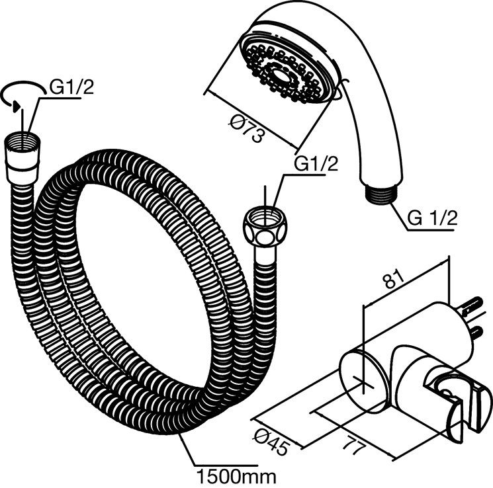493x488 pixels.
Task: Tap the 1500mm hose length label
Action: coord(236,476)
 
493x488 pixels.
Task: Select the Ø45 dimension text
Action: coord(271,442)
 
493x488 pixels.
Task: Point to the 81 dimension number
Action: coord(394,279)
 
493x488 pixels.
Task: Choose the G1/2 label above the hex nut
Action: coord(316,163)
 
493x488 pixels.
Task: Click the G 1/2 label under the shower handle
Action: coord(432,218)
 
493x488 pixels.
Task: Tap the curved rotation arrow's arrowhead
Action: coord(17,107)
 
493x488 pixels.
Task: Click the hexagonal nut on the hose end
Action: coord(265,226)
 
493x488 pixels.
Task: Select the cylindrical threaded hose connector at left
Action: coord(22,159)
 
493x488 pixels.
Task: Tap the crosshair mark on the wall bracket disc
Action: coord(363,386)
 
